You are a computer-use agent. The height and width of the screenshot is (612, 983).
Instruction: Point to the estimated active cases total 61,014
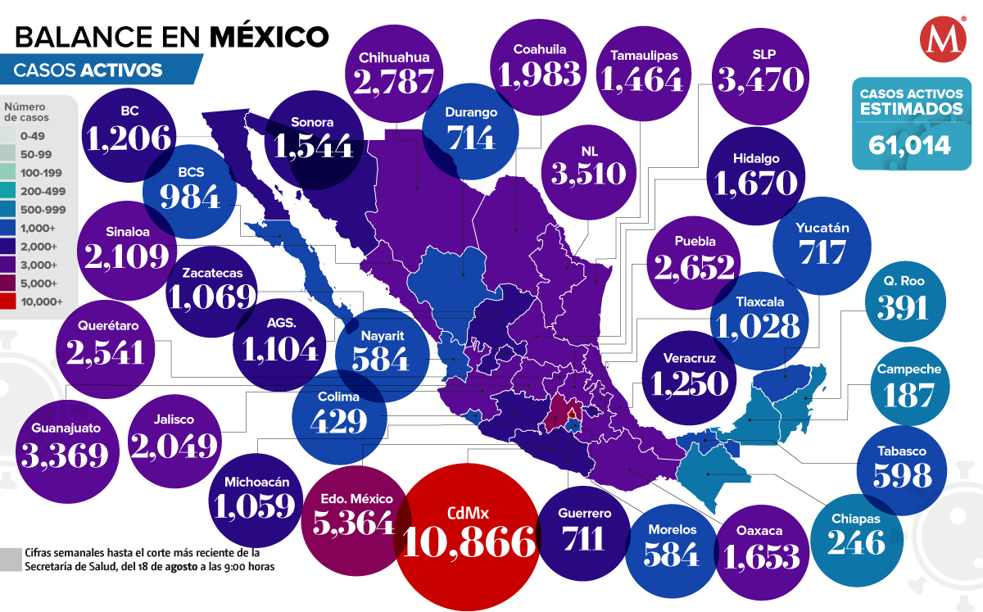click(x=910, y=145)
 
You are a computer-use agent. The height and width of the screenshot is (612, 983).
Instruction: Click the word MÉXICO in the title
click(x=270, y=35)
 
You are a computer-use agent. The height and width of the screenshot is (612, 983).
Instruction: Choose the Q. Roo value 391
click(x=903, y=307)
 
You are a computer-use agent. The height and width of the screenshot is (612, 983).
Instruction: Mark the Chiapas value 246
click(x=856, y=542)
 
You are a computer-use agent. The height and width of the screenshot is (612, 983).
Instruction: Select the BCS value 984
click(x=190, y=197)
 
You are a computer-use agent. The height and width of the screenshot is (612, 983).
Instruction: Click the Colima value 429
click(x=338, y=420)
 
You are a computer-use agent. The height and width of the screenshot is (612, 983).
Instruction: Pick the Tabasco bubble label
click(x=903, y=451)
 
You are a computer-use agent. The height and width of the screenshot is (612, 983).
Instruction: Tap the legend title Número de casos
click(x=28, y=111)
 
